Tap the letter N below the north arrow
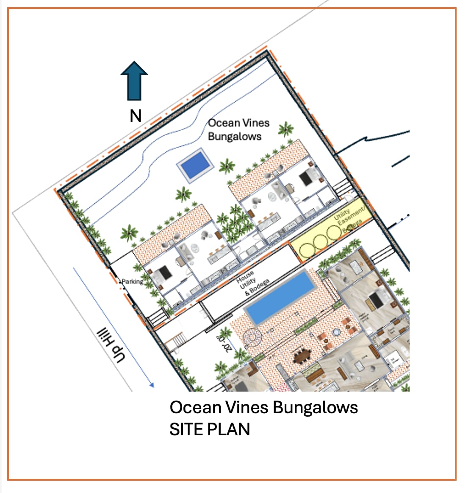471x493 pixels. tap(136, 116)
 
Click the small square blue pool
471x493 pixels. tap(194, 165)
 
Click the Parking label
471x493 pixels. tap(132, 281)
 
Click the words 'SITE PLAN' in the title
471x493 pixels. tap(210, 429)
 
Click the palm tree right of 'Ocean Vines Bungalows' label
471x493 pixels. tap(286, 129)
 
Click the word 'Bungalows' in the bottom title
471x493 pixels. tap(316, 407)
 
